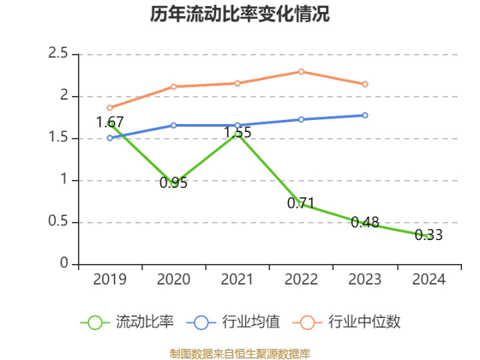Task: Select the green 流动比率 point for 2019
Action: pos(110,124)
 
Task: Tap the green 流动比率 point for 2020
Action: pos(173,183)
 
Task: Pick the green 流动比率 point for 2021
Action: pos(237,134)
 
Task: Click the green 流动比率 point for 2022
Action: pos(301,204)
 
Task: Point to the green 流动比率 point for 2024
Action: pos(429,236)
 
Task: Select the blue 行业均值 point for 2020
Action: pos(173,125)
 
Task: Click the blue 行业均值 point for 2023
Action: pos(365,115)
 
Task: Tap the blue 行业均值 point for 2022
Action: pos(301,119)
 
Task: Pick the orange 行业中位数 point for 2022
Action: pos(301,71)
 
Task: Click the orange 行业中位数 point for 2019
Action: pos(110,108)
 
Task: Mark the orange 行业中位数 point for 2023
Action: pos(365,84)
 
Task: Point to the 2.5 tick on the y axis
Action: pos(59,54)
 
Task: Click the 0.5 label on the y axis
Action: pos(59,222)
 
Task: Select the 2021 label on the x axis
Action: pos(237,279)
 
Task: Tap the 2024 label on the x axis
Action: pos(429,279)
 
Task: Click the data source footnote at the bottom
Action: pos(240,353)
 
